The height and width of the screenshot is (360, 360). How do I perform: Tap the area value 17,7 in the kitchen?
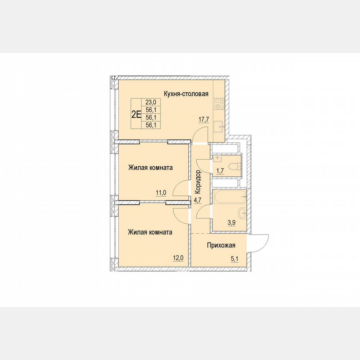click(204, 119)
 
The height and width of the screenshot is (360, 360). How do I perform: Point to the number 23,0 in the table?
click(150, 102)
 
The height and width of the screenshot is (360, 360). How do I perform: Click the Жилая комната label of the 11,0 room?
click(150, 167)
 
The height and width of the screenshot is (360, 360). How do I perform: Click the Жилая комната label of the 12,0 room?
click(150, 232)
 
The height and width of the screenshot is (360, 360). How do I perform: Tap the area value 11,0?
click(161, 192)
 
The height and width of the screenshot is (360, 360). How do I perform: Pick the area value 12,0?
click(178, 257)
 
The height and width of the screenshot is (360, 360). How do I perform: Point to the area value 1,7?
click(220, 170)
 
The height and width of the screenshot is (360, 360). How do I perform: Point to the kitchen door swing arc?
click(200, 134)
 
